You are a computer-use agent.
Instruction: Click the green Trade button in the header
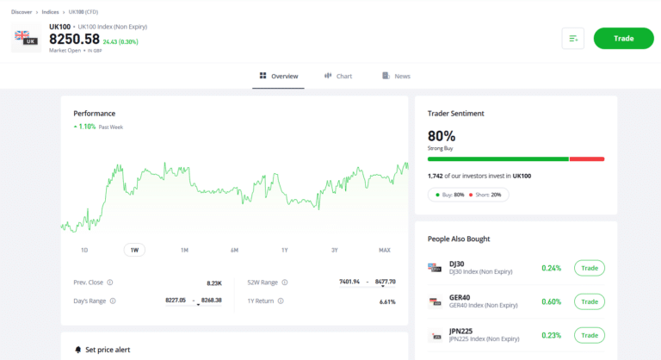click(623, 38)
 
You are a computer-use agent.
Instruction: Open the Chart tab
click(338, 76)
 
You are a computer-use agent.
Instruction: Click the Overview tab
click(279, 76)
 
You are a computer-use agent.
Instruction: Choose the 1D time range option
click(84, 250)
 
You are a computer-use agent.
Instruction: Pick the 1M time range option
click(184, 250)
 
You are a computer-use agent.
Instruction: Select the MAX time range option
click(385, 250)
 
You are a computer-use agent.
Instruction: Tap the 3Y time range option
click(335, 250)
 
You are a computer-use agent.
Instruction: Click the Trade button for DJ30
click(590, 268)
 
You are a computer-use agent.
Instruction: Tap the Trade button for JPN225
click(590, 335)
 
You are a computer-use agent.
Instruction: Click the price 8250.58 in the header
click(74, 39)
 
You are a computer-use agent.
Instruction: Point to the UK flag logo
click(26, 38)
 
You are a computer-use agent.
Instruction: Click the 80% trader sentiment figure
click(442, 136)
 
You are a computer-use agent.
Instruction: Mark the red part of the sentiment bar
click(587, 158)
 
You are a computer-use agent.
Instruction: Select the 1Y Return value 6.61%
click(386, 301)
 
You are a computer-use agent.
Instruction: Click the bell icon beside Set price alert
click(77, 350)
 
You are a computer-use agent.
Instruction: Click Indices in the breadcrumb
click(50, 12)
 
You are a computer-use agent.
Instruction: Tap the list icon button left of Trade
click(573, 38)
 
